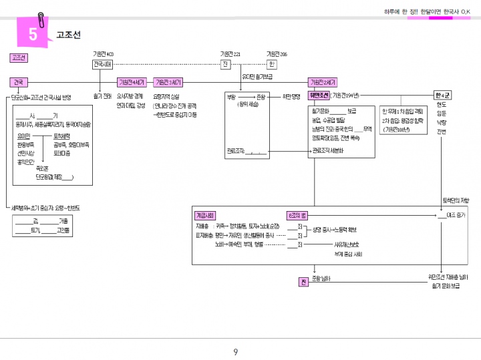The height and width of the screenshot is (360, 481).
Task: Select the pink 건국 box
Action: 18,82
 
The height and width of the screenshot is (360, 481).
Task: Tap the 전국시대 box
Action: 102,64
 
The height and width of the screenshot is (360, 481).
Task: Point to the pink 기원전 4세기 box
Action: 131,82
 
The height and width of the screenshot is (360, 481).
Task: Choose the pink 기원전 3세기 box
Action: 168,82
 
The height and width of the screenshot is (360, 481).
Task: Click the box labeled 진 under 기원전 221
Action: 226,64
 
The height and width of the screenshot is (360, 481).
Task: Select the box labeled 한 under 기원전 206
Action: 271,64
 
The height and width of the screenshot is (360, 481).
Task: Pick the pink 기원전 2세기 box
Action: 323,82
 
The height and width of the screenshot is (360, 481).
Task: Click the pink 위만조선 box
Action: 319,95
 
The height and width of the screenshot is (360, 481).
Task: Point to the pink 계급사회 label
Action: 204,216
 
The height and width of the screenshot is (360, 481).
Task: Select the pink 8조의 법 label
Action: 297,216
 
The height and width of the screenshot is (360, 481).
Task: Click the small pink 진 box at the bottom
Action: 302,282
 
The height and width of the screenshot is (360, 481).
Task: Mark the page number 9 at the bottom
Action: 235,352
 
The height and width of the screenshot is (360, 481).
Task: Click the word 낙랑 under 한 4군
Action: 441,123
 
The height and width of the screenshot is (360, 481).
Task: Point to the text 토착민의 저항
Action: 456,200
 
